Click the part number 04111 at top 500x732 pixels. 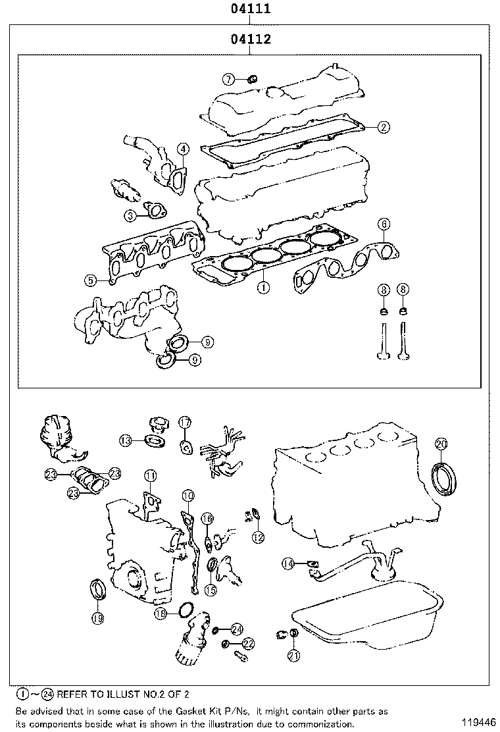click(x=251, y=10)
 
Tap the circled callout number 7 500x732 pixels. click(x=228, y=80)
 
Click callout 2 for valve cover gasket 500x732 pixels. click(x=384, y=126)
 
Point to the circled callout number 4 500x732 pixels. click(x=182, y=149)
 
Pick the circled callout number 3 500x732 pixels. click(x=131, y=215)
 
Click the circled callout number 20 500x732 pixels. click(x=441, y=444)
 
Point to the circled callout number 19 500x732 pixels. click(x=97, y=617)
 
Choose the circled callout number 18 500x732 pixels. click(x=161, y=614)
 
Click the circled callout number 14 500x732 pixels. click(x=288, y=563)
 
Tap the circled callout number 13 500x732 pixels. click(x=126, y=440)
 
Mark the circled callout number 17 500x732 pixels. click(x=185, y=421)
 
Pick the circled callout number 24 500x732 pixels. click(x=237, y=629)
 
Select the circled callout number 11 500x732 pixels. click(x=151, y=475)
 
